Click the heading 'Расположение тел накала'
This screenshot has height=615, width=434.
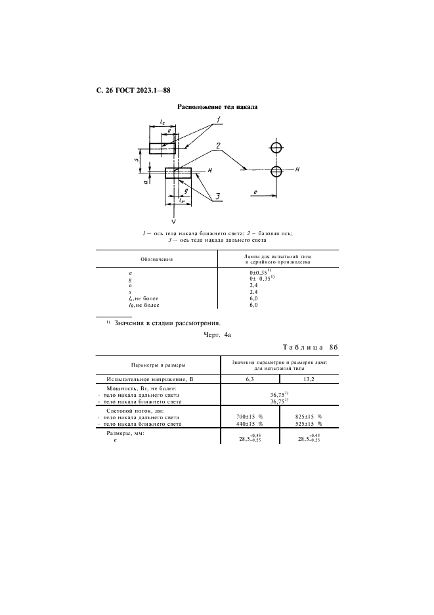217,106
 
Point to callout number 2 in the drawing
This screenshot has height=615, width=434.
217,146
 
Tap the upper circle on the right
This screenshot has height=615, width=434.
277,147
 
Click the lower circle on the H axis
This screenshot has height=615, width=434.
277,171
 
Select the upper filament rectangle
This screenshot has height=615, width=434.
162,148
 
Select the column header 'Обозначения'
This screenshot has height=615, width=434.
156,259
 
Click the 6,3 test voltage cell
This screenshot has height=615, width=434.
249,380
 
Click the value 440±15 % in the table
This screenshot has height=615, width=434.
249,424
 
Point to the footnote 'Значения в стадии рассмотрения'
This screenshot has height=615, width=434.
167,323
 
